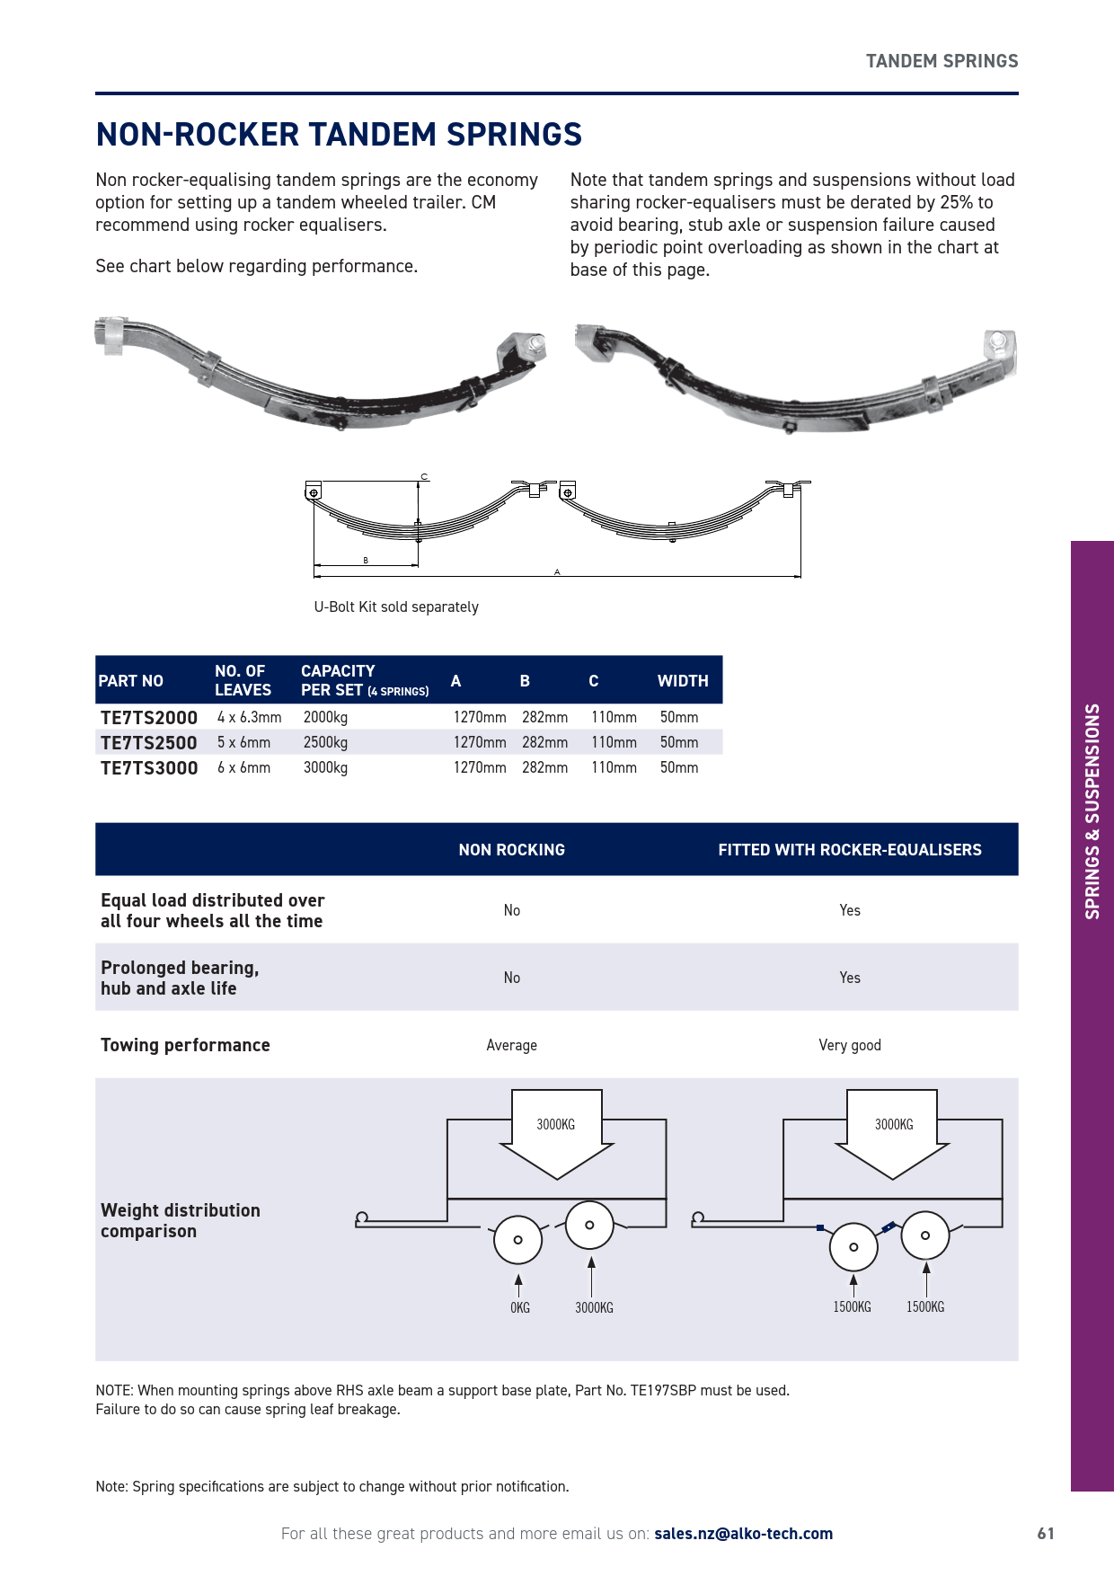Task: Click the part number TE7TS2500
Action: coord(148,743)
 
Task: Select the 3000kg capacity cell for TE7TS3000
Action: coord(325,768)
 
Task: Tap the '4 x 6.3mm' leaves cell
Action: coord(249,718)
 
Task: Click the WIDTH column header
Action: coord(683,681)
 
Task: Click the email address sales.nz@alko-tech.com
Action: coord(743,1534)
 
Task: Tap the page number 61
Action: coord(1046,1534)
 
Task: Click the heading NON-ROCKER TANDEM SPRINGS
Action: coord(339,135)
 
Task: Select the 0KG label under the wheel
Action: coord(520,1308)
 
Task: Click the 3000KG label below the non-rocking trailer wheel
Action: coord(594,1308)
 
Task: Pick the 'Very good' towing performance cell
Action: coord(850,1045)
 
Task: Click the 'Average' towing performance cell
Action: coord(511,1045)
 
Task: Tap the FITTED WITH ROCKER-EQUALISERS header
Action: coord(850,850)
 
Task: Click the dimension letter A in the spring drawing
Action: coord(557,571)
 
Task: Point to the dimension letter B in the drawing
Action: coord(366,561)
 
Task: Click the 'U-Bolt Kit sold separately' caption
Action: coord(396,607)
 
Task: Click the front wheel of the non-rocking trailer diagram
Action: coord(517,1240)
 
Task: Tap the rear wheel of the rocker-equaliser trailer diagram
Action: coord(924,1235)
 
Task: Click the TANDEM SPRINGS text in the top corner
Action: coord(942,61)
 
